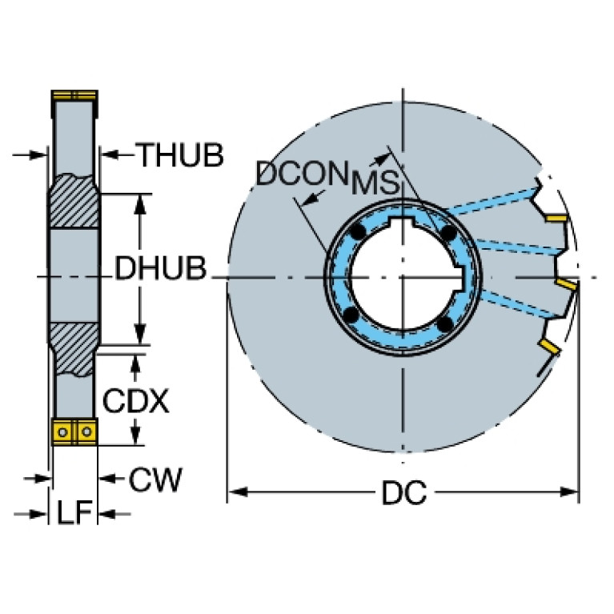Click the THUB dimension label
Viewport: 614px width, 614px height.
point(179,155)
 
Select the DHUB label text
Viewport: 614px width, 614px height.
point(159,270)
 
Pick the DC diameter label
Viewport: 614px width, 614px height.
point(403,494)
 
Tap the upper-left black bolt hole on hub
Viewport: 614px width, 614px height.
point(358,231)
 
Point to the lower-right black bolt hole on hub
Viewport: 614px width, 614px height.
point(445,323)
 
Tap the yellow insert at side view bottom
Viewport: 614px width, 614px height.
point(74,430)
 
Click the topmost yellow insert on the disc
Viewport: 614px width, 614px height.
point(556,217)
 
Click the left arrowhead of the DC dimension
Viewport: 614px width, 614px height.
point(233,489)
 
